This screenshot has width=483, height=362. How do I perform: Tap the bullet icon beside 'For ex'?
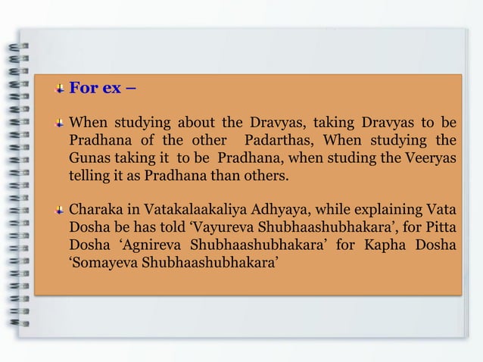(x=59, y=89)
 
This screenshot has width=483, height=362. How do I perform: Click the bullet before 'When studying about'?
(x=59, y=122)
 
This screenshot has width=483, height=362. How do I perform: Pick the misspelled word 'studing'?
(x=351, y=159)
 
